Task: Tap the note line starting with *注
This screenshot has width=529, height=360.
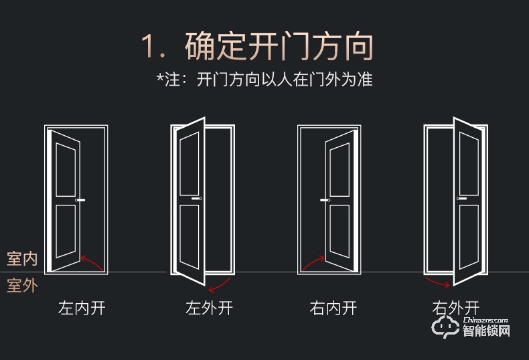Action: click(264, 80)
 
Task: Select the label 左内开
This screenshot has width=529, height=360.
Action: click(82, 308)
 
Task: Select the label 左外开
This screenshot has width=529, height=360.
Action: click(209, 308)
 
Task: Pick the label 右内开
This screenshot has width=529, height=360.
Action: click(333, 308)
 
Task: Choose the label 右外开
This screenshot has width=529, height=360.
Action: click(456, 308)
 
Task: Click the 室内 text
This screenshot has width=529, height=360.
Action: click(22, 258)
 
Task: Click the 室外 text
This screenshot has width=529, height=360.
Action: click(22, 286)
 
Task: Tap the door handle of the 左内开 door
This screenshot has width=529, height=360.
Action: click(81, 201)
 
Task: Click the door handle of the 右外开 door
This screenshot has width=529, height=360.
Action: click(461, 199)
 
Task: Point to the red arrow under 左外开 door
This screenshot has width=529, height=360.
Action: click(220, 284)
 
